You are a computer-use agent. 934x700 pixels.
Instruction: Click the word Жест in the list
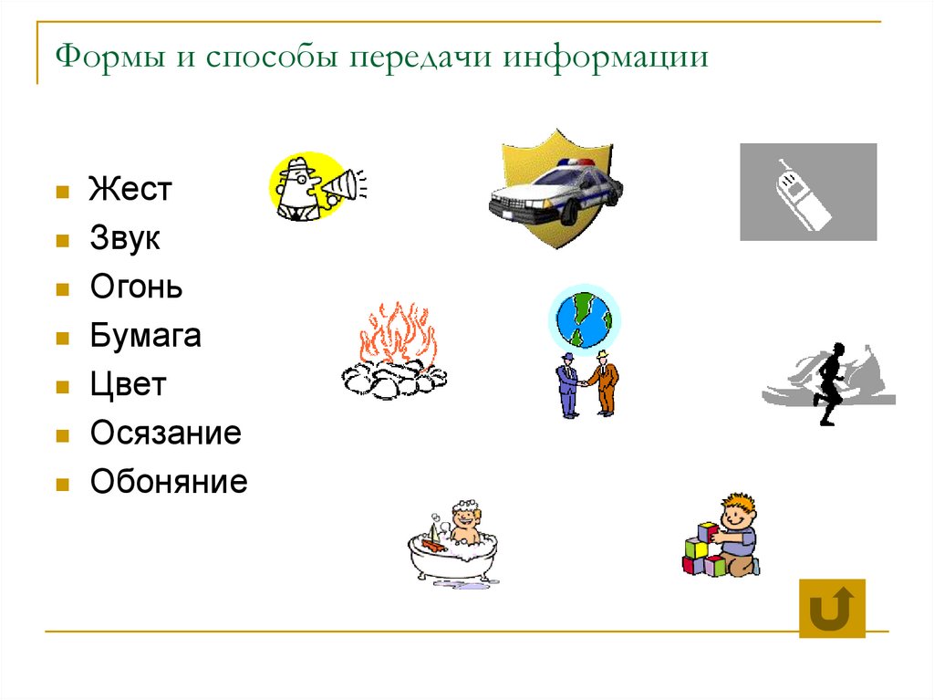click(130, 191)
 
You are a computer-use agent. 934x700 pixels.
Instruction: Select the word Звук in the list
click(125, 239)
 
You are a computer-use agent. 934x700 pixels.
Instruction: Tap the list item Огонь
click(136, 287)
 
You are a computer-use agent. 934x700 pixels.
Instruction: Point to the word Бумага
click(145, 336)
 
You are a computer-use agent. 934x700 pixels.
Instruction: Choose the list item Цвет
click(128, 384)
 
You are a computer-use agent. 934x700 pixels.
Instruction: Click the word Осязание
click(165, 433)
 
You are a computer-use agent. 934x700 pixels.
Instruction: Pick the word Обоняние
click(169, 481)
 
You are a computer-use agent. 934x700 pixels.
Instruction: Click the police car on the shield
click(555, 190)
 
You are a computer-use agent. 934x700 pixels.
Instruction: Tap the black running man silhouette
click(829, 381)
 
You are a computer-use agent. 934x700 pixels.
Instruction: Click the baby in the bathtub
click(466, 528)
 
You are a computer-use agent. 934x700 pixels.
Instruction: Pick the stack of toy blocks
click(705, 551)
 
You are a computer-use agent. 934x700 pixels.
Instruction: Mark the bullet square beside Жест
click(62, 193)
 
